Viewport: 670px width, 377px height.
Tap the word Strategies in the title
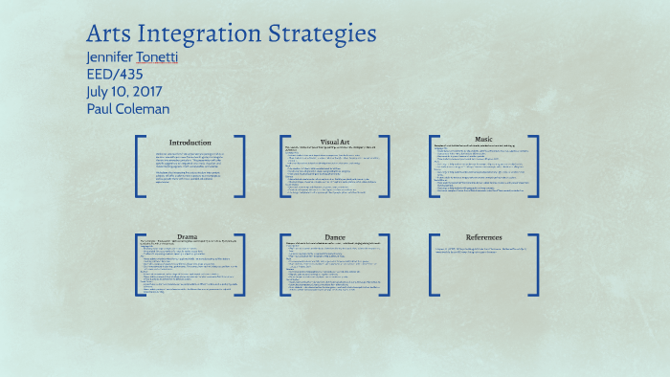point(323,33)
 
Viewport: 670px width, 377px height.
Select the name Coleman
point(143,108)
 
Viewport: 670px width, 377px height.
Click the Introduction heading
point(190,143)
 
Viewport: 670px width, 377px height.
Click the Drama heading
point(188,236)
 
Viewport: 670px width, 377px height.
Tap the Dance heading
point(335,236)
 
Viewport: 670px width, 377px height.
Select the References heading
point(483,237)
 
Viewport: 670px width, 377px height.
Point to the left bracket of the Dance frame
point(284,265)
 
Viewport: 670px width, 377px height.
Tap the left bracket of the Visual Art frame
point(284,166)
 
